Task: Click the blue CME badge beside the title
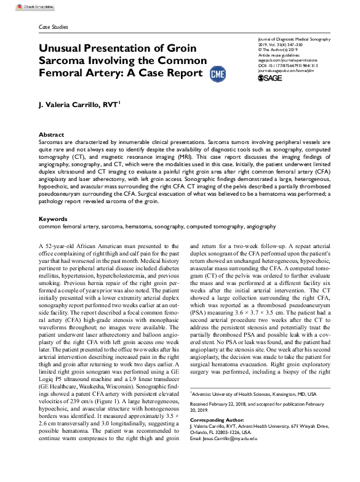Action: (217, 73)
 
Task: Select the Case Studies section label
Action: (53, 27)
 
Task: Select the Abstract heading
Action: (51, 134)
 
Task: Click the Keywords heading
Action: (53, 219)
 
